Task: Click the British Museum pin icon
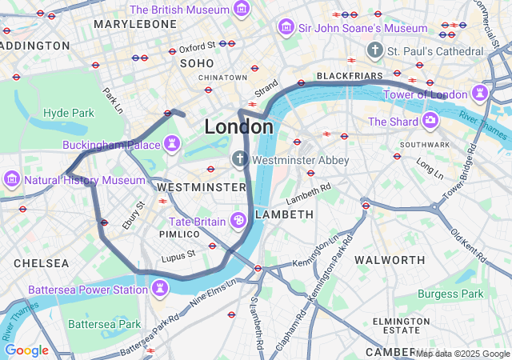pos(241,10)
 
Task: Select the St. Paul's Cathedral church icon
pos(374,51)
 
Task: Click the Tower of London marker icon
pos(480,94)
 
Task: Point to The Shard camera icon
pos(430,121)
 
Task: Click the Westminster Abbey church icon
pos(239,160)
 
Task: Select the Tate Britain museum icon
pos(238,221)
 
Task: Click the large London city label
pos(238,126)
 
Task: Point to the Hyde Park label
pos(68,113)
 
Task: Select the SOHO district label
pos(197,62)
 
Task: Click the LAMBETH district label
pos(284,215)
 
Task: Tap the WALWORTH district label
pos(390,260)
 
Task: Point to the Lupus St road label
pos(179,254)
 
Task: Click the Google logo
pos(26,350)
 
